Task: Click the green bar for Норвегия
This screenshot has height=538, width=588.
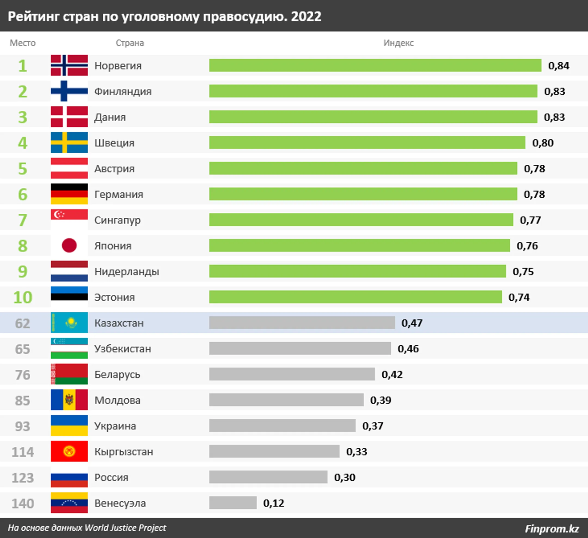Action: click(375, 65)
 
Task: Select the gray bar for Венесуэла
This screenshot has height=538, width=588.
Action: click(233, 503)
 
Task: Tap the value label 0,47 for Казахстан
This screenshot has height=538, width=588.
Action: click(412, 323)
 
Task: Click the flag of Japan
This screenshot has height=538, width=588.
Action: click(69, 245)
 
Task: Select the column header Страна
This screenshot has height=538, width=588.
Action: click(130, 43)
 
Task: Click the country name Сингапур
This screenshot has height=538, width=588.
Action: click(117, 220)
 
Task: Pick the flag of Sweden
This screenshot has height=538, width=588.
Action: click(69, 143)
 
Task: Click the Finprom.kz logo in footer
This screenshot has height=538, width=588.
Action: click(552, 528)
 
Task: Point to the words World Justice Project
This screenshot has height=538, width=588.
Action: click(125, 527)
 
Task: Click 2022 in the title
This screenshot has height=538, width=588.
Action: click(306, 16)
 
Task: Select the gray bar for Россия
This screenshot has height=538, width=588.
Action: click(268, 477)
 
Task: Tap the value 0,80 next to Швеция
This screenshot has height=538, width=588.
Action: click(543, 143)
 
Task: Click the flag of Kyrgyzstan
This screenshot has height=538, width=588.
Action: click(69, 451)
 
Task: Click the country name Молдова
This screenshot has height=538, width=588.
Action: click(117, 400)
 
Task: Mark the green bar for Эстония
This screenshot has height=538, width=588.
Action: click(355, 297)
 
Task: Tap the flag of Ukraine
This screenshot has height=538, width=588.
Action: click(69, 425)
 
